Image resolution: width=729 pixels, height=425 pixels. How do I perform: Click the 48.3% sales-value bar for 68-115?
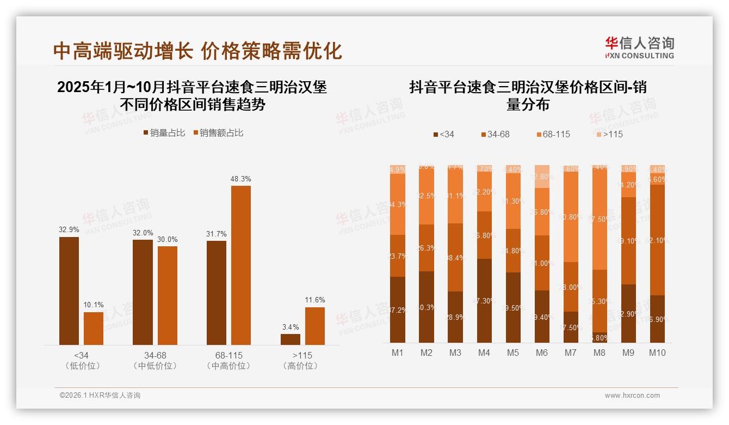(241, 265)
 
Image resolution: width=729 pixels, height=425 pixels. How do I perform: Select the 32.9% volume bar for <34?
(69, 291)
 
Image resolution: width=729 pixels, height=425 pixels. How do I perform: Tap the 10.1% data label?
(94, 305)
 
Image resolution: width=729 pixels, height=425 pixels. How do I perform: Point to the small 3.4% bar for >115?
(291, 339)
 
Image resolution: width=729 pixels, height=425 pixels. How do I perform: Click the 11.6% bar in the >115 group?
(315, 326)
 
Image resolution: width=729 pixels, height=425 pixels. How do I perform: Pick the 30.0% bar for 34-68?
(168, 295)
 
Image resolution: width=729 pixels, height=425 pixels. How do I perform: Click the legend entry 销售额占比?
(218, 133)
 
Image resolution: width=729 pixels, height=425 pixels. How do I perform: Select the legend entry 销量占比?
(164, 133)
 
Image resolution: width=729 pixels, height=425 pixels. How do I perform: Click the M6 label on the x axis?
(541, 353)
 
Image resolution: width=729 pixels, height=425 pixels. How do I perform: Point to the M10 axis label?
(657, 353)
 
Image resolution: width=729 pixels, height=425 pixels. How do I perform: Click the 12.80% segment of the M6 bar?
(542, 177)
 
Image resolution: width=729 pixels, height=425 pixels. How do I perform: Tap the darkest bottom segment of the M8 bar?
(600, 337)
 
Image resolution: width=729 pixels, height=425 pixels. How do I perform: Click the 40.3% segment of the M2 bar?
(427, 307)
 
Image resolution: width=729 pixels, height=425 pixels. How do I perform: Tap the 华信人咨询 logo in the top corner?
(639, 47)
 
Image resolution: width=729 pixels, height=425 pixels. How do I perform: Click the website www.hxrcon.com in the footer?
(632, 396)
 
